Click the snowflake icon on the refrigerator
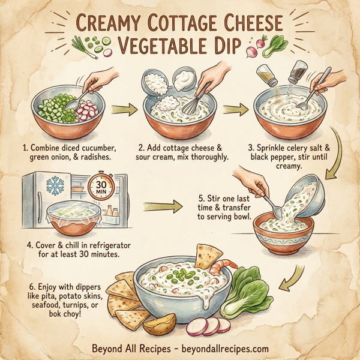tap(55, 187)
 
